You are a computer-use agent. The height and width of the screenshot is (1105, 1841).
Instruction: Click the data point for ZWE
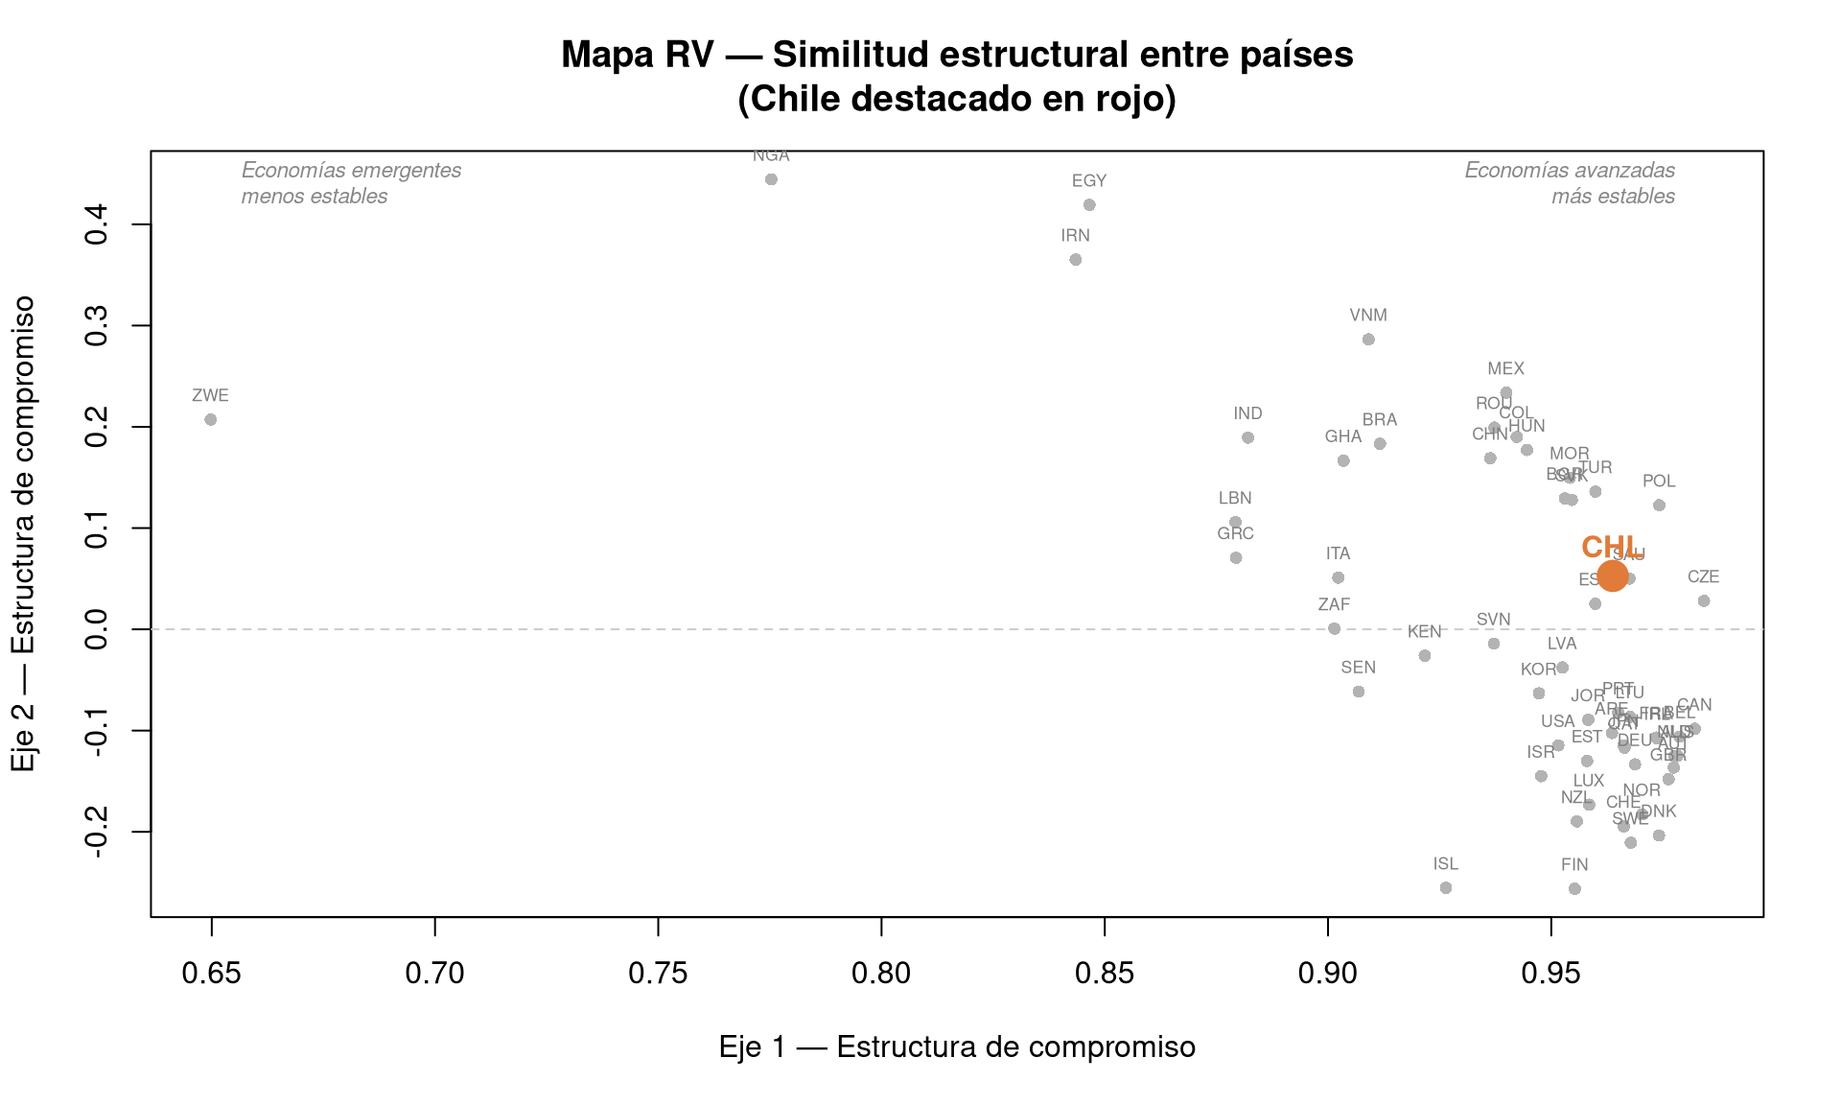[211, 420]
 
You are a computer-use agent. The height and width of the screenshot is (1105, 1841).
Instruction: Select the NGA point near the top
[771, 179]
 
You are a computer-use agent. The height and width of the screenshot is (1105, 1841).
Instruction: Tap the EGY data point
[1089, 205]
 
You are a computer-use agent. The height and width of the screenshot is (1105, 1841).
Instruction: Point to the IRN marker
[1076, 260]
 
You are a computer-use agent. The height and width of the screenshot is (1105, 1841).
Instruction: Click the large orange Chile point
[1613, 576]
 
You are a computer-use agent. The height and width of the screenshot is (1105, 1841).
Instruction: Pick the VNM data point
[1368, 340]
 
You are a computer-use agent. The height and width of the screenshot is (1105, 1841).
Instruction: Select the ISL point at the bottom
[1446, 888]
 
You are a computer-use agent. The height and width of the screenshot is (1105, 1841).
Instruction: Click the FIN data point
[1574, 889]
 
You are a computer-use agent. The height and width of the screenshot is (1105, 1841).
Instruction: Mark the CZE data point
[1704, 601]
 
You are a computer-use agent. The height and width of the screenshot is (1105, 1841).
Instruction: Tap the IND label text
[1247, 413]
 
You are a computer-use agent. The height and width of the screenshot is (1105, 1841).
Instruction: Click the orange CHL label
[1609, 547]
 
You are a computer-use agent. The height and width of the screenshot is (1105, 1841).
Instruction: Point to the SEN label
[1358, 668]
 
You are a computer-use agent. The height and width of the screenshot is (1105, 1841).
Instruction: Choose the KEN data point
[1425, 656]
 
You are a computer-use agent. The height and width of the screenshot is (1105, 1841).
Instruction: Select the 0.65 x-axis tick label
[211, 974]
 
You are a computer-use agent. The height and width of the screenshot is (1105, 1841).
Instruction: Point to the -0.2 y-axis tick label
[97, 832]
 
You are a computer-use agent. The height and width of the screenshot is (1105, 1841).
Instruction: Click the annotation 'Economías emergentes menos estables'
[351, 183]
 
